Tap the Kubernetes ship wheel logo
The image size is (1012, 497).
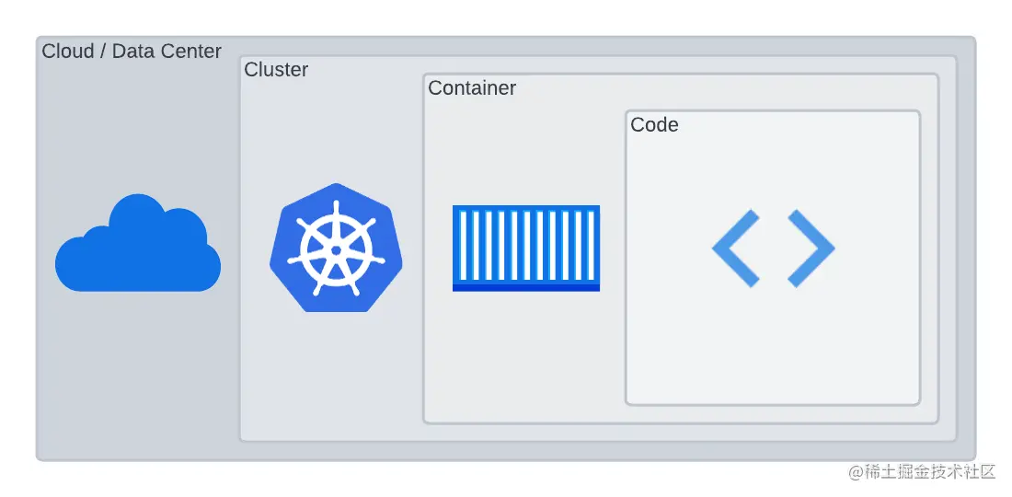click(x=336, y=248)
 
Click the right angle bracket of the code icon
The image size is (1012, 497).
click(x=811, y=248)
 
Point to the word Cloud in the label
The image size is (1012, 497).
click(x=68, y=52)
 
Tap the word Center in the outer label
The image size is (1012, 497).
click(x=190, y=52)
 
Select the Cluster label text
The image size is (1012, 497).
click(x=276, y=70)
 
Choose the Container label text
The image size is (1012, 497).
click(x=472, y=88)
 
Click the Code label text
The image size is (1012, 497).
click(x=654, y=125)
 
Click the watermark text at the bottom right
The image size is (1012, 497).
click(x=922, y=471)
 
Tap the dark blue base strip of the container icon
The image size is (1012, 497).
click(x=526, y=287)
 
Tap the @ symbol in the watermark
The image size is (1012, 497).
click(x=855, y=472)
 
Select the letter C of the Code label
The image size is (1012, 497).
click(x=637, y=125)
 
